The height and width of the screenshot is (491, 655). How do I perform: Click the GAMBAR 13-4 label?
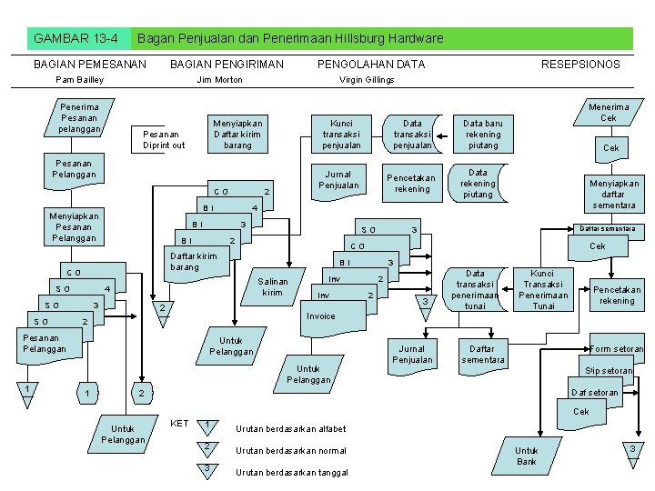[76, 38]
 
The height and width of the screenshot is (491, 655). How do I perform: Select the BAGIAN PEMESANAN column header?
[89, 65]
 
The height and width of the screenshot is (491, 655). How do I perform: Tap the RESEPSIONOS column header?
[579, 65]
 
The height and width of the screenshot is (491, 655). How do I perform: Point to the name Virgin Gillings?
[367, 80]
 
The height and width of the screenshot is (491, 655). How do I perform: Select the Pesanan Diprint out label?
[165, 139]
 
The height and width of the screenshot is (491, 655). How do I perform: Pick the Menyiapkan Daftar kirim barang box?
[237, 134]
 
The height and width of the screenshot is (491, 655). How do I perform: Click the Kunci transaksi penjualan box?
[342, 134]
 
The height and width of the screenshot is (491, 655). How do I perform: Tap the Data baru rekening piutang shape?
[483, 134]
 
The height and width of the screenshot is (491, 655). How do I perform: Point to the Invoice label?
[320, 316]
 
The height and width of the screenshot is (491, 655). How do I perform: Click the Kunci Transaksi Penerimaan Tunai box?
[543, 289]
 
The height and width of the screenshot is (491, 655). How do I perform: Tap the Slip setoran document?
[609, 371]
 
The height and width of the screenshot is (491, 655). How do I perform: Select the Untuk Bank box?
[527, 456]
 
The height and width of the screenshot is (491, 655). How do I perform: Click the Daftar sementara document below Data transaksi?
[483, 354]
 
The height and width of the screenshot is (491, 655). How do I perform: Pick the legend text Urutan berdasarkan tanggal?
[292, 472]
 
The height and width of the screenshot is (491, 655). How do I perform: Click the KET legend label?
[179, 424]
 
